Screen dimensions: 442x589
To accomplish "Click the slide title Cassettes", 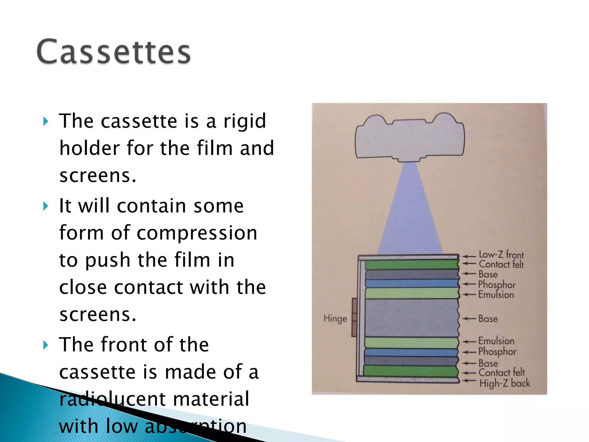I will coord(114,52).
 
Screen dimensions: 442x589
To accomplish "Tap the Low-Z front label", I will coord(501,255).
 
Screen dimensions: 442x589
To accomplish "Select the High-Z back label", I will coord(504,383).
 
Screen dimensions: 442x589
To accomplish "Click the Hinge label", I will coord(335,319).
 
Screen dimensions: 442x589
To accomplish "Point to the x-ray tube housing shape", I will coord(410,138).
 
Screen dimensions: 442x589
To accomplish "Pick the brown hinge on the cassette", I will coord(354,317).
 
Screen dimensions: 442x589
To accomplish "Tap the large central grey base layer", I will coord(411,318).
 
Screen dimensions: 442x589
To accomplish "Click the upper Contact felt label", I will coord(501,264).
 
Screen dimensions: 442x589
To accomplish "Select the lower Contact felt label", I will coord(501,372).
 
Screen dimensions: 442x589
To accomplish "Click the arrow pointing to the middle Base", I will coord(469,319).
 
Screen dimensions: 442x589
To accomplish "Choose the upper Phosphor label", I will coord(497,285).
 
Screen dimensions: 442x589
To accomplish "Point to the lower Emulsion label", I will coord(496,341).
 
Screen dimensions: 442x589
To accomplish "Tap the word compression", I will coord(197,233).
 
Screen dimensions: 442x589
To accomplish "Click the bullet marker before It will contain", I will coord(45,206).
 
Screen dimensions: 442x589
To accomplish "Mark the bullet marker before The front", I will coord(45,345).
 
